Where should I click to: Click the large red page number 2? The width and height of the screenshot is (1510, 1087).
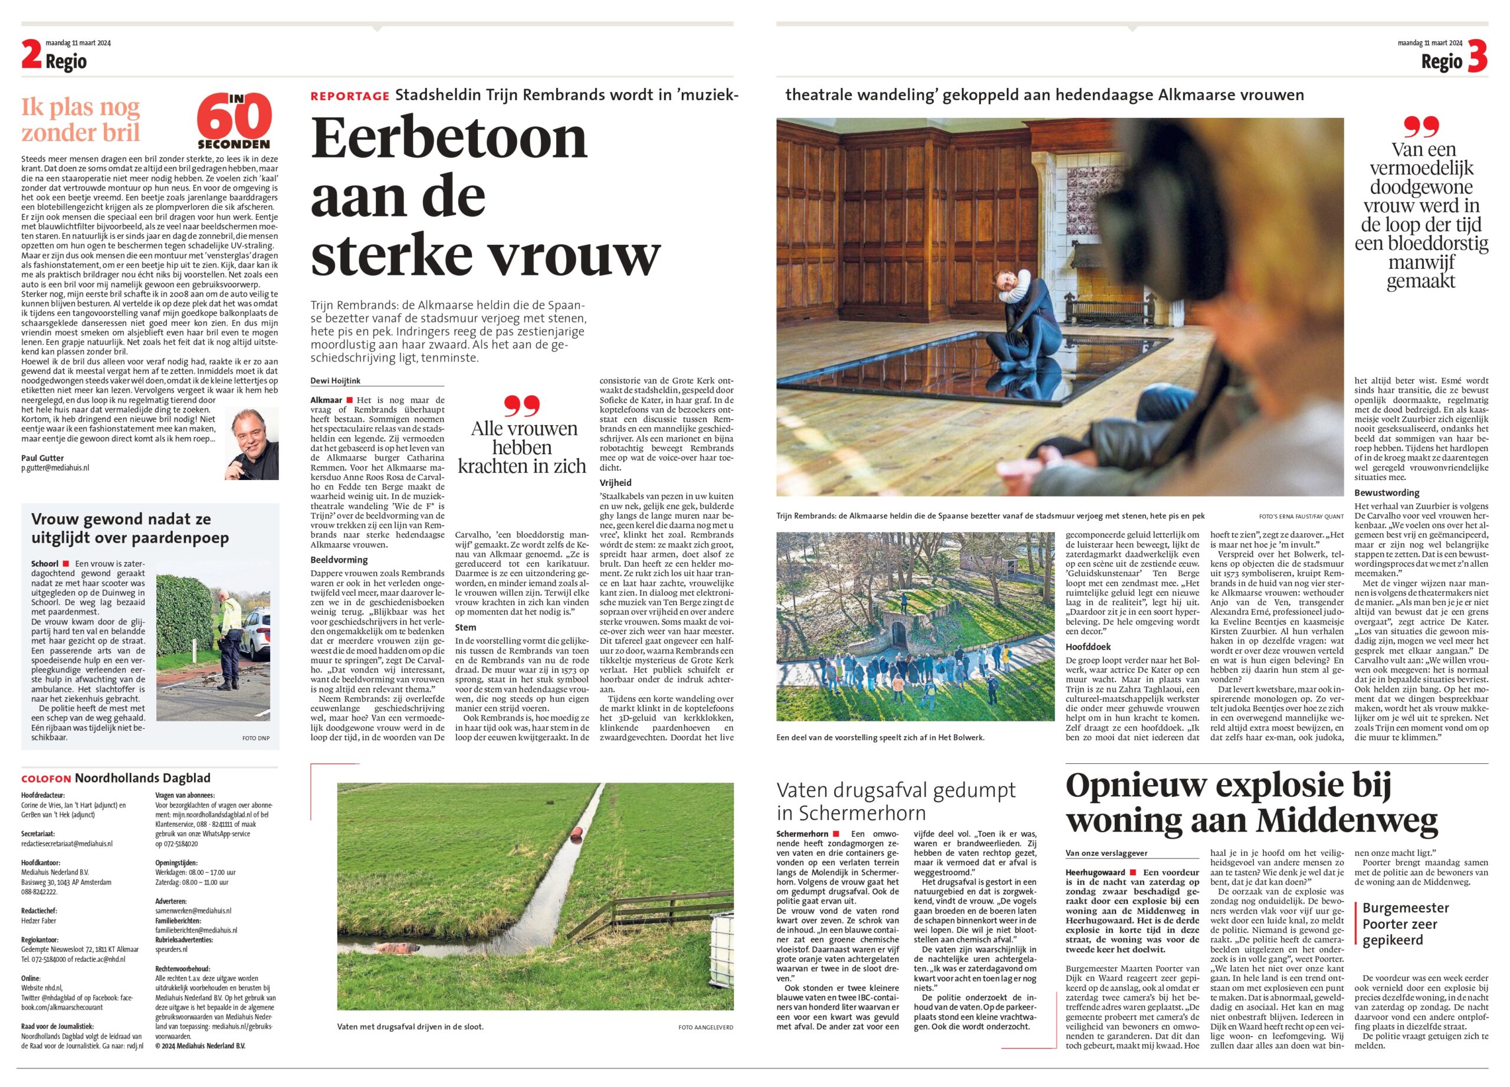pyautogui.click(x=31, y=55)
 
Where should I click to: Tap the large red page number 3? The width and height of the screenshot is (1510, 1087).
pyautogui.click(x=1477, y=57)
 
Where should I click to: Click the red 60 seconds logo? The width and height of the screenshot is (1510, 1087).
pyautogui.click(x=234, y=120)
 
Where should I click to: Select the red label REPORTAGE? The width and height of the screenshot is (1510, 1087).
pyautogui.click(x=350, y=97)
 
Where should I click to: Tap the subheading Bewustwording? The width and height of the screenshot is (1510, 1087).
pyautogui.click(x=1387, y=493)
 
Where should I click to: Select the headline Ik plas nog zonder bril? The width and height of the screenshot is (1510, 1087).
pyautogui.click(x=81, y=120)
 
